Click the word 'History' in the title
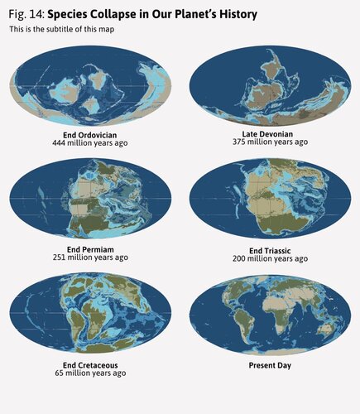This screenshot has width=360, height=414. click(235, 15)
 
